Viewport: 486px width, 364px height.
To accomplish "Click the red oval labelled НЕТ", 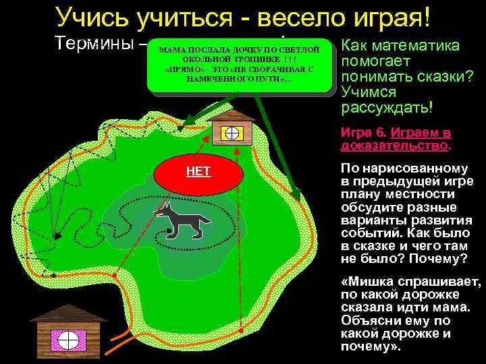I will pyautogui.click(x=198, y=175).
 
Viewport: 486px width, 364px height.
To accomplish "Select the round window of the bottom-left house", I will pyautogui.click(x=68, y=338).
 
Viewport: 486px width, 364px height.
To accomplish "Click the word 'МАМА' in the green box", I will pyautogui.click(x=173, y=51).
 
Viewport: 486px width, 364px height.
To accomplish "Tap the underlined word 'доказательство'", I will pyautogui.click(x=395, y=145).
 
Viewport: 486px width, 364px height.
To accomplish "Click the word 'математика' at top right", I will pyautogui.click(x=425, y=45).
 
